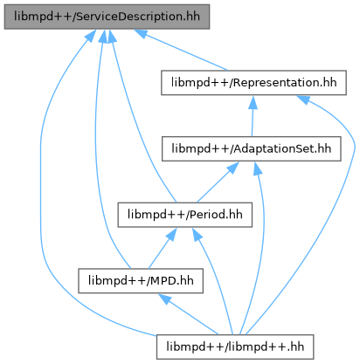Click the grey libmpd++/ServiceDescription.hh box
pos(107,17)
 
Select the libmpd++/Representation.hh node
pos(253,83)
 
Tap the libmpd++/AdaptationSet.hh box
pos(252,148)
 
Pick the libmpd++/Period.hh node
pos(185,215)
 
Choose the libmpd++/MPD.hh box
pos(141,281)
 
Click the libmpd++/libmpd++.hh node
pos(235,347)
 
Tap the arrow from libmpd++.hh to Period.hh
pos(217,279)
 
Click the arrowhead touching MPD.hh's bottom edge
pos(165,299)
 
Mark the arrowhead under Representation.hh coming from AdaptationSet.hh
pos(253,102)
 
